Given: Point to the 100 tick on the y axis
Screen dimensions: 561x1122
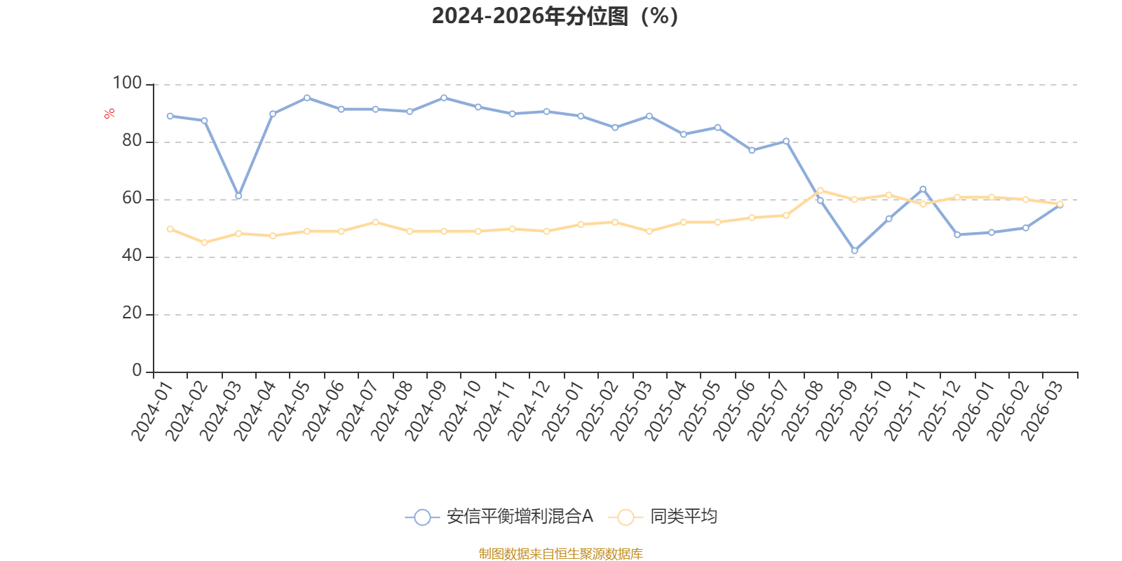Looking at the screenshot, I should pyautogui.click(x=128, y=83).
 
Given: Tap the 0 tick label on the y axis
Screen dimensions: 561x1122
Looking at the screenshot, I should pyautogui.click(x=137, y=371).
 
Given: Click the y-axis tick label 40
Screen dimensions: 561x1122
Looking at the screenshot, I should pyautogui.click(x=132, y=256).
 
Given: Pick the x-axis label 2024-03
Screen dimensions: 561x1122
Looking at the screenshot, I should pyautogui.click(x=219, y=411).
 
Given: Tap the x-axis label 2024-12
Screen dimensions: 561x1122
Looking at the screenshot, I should pyautogui.click(x=528, y=411).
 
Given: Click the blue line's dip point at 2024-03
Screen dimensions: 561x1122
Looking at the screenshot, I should pyautogui.click(x=238, y=196).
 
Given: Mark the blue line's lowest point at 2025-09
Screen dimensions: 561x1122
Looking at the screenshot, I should pyautogui.click(x=854, y=250).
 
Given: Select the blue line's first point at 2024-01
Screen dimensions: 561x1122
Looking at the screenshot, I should pyautogui.click(x=170, y=116).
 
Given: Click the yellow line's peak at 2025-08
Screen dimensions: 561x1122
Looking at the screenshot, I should pyautogui.click(x=820, y=190).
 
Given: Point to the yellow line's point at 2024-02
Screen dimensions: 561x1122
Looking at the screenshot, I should pyautogui.click(x=204, y=243).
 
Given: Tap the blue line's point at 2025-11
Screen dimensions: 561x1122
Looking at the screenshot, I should pyautogui.click(x=923, y=189).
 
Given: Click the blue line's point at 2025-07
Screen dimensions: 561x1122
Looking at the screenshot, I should pyautogui.click(x=786, y=141).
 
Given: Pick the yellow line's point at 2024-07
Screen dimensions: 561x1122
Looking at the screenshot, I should pyautogui.click(x=375, y=222).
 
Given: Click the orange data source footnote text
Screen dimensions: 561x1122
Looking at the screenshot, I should pyautogui.click(x=560, y=554).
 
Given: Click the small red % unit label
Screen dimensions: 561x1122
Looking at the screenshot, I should pyautogui.click(x=109, y=114).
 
